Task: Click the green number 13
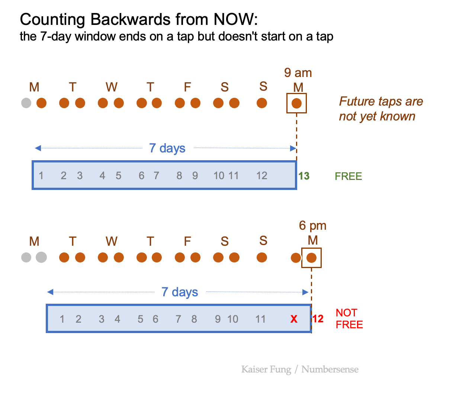[304, 176]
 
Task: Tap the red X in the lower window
[294, 319]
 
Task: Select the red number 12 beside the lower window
[318, 319]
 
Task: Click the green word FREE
[348, 176]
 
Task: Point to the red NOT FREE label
[349, 319]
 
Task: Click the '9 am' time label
[298, 73]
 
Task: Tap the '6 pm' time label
[312, 226]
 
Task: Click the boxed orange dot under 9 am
[296, 103]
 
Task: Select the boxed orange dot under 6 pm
[311, 258]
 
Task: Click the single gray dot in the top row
[26, 103]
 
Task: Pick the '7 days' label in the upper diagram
[167, 148]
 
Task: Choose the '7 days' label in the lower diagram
[180, 292]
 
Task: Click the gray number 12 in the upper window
[261, 176]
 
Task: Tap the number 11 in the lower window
[260, 319]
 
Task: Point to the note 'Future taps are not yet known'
[380, 109]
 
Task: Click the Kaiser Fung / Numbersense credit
[300, 369]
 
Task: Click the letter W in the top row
[111, 87]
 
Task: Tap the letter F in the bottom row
[187, 242]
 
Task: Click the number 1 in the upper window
[41, 176]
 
